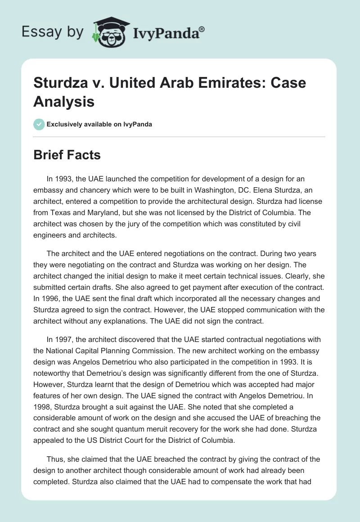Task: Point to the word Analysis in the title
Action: pyautogui.click(x=64, y=101)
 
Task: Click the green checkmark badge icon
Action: pyautogui.click(x=39, y=124)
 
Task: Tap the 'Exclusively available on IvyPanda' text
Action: pyautogui.click(x=99, y=124)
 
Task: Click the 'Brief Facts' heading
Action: pyautogui.click(x=67, y=155)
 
